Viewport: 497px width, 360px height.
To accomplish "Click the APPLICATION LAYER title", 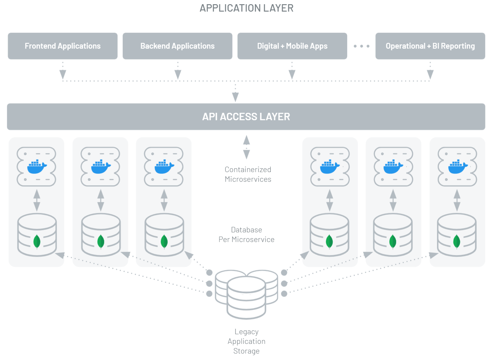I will coord(246,8).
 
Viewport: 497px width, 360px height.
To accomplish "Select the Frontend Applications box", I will coord(63,46).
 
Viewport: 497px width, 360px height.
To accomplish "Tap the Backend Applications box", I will coord(177,46).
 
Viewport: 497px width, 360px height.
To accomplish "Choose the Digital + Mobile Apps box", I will coord(292,46).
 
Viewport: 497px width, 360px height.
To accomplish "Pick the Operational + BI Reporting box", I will coord(430,46).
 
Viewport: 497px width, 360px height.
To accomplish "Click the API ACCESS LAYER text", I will coord(246,117).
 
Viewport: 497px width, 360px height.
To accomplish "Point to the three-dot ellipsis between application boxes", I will coord(361,46).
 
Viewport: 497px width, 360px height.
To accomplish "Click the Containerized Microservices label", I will coord(248,174).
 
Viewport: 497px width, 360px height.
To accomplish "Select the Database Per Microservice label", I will coord(246,235).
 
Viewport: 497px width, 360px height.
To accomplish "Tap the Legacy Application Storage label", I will coord(246,341).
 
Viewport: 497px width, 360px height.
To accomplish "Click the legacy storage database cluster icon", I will coord(246,293).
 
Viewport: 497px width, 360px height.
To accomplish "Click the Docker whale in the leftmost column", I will coord(37,167).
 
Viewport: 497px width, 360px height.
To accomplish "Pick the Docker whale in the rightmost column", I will coord(457,167).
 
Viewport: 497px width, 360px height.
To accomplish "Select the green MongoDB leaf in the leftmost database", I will coord(37,241).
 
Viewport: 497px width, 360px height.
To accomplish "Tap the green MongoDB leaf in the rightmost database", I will coord(457,241).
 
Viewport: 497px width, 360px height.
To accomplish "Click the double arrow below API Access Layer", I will coord(246,147).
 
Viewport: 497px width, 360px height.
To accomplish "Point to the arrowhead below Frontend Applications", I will coord(63,75).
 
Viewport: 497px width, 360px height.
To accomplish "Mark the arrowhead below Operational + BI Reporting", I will coord(430,75).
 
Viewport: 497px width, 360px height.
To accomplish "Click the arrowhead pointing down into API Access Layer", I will coord(235,97).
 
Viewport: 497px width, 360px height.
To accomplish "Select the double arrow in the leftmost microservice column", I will coord(37,200).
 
